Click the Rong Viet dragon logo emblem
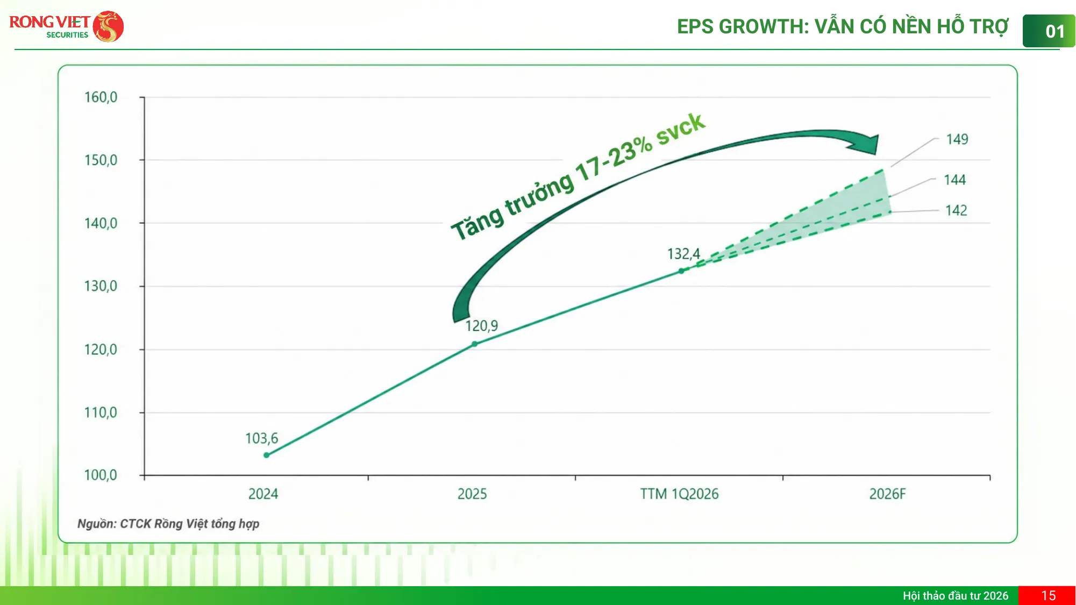108,26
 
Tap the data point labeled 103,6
266,455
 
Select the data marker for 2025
474,344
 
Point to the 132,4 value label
683,254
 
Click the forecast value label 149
957,139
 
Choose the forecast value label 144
955,180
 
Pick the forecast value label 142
956,210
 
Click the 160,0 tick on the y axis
101,97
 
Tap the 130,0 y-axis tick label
101,286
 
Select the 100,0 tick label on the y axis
101,475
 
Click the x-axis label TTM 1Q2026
679,494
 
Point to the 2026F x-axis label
887,494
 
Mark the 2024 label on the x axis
263,494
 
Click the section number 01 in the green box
1054,32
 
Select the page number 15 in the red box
1048,596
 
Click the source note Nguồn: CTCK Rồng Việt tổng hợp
168,524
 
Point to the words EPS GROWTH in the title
743,26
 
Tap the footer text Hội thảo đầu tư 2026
956,596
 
